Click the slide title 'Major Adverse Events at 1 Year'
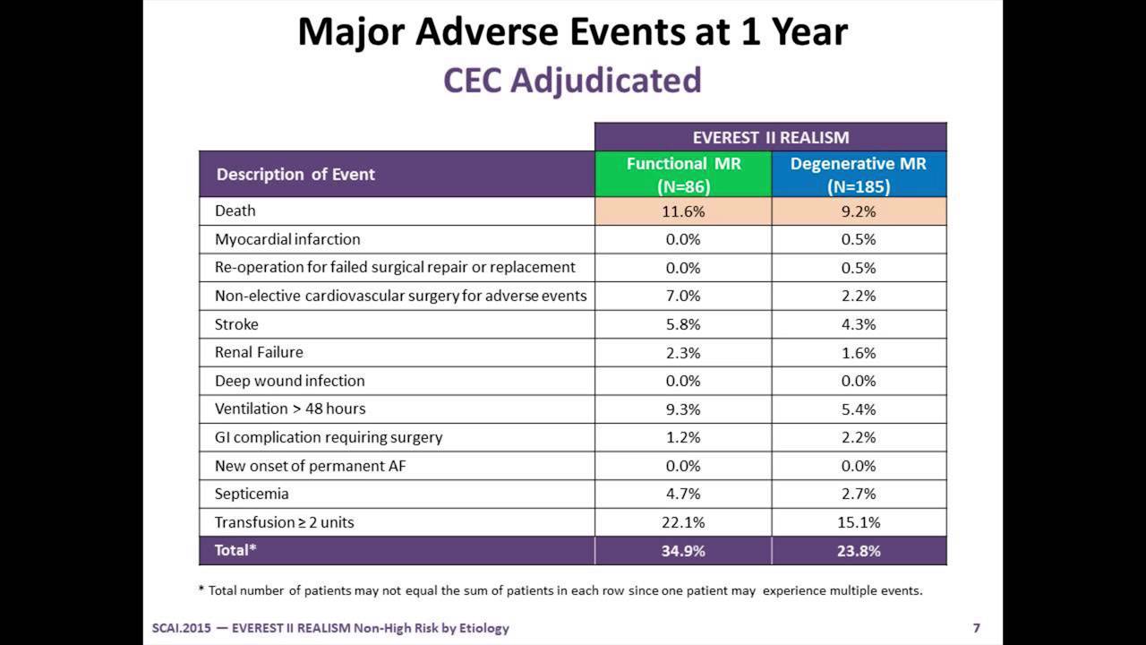572,32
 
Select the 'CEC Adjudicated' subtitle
572,81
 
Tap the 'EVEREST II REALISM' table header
770,137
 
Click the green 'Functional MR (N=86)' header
683,175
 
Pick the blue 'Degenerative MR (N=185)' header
858,175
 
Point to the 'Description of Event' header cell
295,174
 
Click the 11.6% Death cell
683,211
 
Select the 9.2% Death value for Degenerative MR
858,211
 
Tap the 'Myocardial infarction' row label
287,239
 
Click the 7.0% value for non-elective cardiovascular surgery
683,296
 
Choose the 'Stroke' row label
236,324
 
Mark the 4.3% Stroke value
858,324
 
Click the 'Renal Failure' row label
259,352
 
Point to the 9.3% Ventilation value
683,409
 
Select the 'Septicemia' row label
252,494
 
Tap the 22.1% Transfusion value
683,522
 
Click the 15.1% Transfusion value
858,522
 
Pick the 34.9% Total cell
683,551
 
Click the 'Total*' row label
235,550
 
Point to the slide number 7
976,628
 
